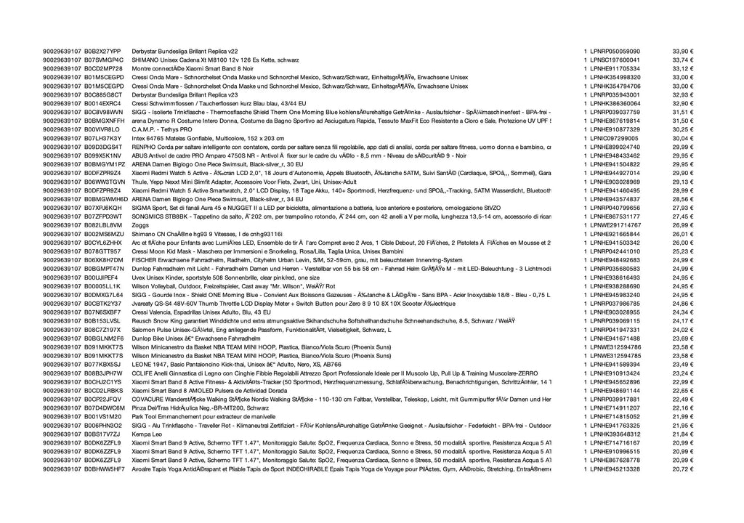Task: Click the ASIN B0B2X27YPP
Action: (102, 52)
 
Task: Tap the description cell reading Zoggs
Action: (139, 225)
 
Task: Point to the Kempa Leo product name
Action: (146, 434)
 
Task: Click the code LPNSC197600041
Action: (615, 60)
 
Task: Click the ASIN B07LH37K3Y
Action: (102, 138)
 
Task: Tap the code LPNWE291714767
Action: (615, 225)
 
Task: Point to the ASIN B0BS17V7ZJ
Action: (102, 434)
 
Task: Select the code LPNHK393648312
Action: (615, 434)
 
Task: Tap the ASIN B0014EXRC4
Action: (102, 103)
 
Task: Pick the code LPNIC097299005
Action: (615, 138)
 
